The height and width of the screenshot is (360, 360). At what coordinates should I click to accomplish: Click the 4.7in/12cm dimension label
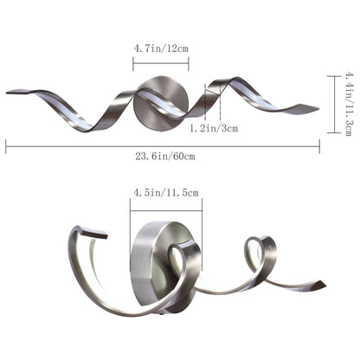point(162,48)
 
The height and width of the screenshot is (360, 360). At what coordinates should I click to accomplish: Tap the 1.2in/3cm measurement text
point(213,128)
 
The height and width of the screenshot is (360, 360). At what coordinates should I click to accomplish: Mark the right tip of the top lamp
point(316,109)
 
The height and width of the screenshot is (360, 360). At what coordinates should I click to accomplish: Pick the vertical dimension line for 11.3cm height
point(333,104)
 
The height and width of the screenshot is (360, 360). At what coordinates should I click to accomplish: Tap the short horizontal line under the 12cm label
point(160,61)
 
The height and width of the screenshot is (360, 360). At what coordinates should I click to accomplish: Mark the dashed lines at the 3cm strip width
point(214,102)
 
